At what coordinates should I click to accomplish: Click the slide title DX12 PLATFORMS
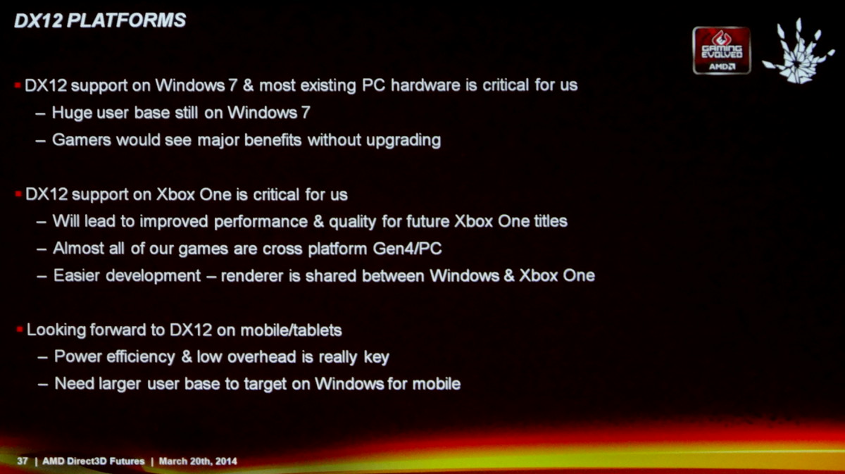coord(100,20)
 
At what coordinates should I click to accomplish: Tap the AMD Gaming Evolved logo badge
coord(722,50)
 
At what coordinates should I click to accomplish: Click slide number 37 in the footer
coord(23,461)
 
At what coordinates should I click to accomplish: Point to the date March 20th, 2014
coord(198,461)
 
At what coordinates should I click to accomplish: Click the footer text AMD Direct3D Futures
coord(93,461)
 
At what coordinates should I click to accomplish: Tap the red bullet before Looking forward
coord(20,330)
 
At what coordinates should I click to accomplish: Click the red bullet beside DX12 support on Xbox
coord(18,194)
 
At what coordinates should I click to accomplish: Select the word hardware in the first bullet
coord(425,85)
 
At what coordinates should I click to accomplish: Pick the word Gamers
coord(82,140)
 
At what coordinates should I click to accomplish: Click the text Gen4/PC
coord(407,249)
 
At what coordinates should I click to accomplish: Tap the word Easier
coord(77,275)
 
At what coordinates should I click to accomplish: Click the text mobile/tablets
coord(291,330)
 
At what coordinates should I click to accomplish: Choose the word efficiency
coord(141,357)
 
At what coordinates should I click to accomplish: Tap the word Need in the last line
coord(74,384)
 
